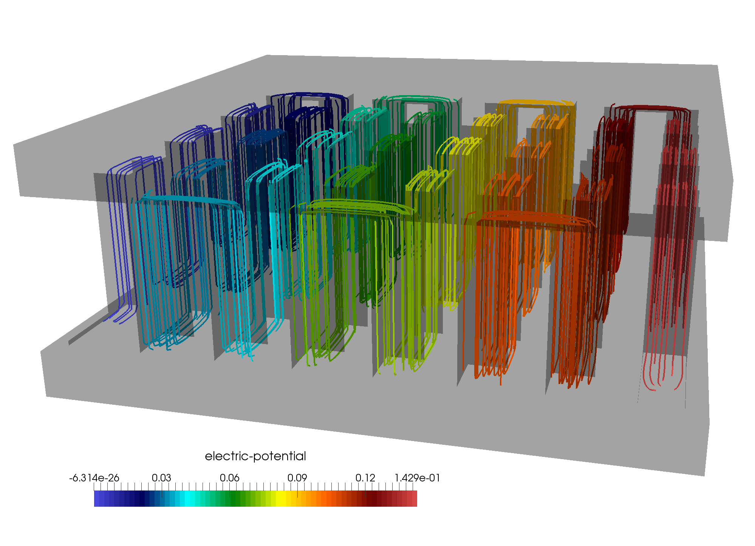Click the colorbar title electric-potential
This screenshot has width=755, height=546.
pyautogui.click(x=255, y=456)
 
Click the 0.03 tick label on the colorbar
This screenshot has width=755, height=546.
pyautogui.click(x=161, y=478)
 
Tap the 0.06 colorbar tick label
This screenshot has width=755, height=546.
pyautogui.click(x=229, y=478)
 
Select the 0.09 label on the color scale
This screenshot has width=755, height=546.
pyautogui.click(x=297, y=478)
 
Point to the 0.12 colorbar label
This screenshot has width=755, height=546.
pyautogui.click(x=365, y=478)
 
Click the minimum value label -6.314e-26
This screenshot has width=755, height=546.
pyautogui.click(x=94, y=478)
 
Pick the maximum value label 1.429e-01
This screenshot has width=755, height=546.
pyautogui.click(x=417, y=478)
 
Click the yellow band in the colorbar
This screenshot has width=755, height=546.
pyautogui.click(x=280, y=498)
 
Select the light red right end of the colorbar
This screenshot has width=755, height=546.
pyautogui.click(x=412, y=498)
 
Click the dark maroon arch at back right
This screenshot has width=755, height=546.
pyautogui.click(x=650, y=108)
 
